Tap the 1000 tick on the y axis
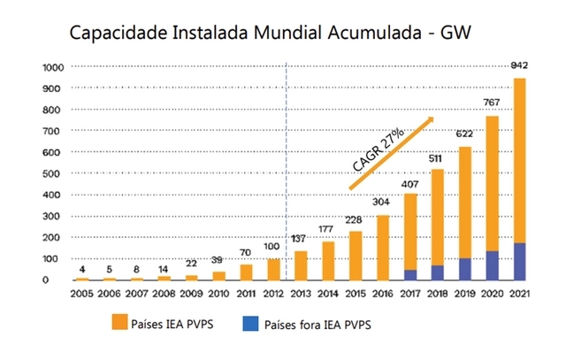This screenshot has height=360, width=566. point(52,67)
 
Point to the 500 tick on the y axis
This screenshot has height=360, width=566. point(55,173)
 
